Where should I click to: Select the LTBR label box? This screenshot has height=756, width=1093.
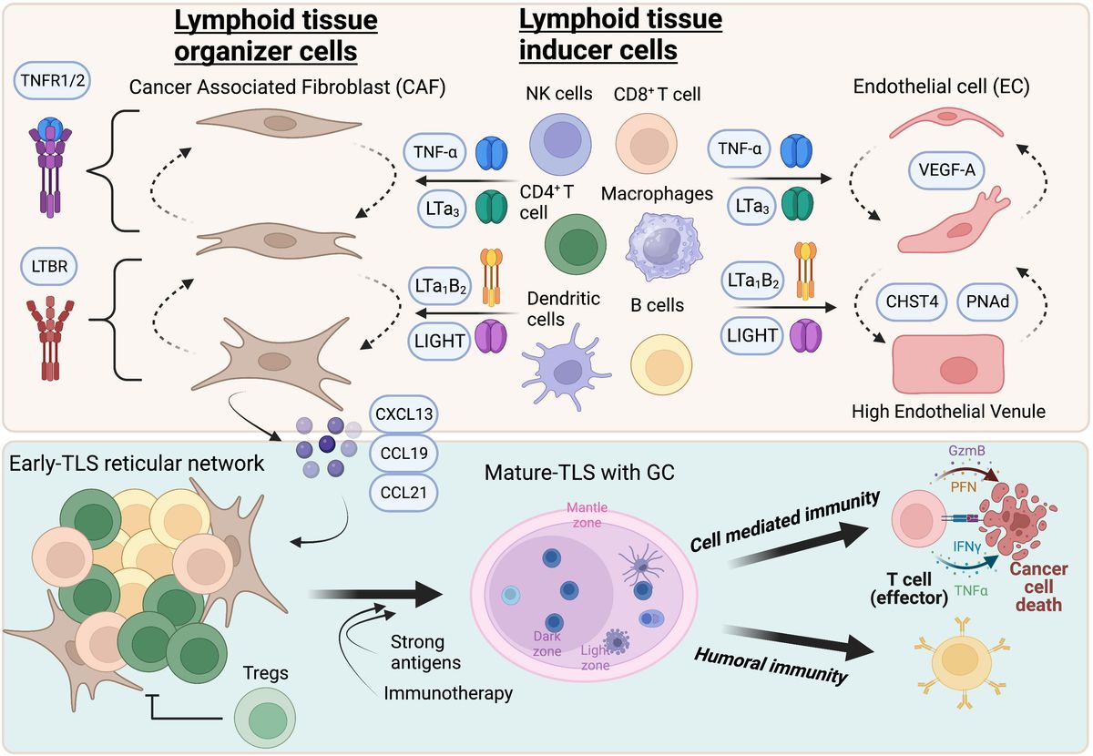(x=52, y=269)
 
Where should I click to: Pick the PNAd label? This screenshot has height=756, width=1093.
(x=989, y=300)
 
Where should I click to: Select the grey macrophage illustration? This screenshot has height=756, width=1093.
(x=661, y=246)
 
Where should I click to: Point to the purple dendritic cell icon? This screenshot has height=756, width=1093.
(x=567, y=369)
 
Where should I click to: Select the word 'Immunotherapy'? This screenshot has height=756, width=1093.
(x=447, y=693)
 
